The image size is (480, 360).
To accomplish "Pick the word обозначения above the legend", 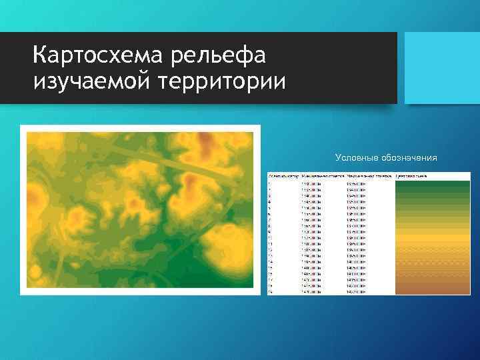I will pos(410,158).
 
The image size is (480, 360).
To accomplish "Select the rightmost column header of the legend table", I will pos(411,177).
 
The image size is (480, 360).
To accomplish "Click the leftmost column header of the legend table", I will pos(281,177).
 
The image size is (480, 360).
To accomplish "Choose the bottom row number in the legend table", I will pos(269,291).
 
